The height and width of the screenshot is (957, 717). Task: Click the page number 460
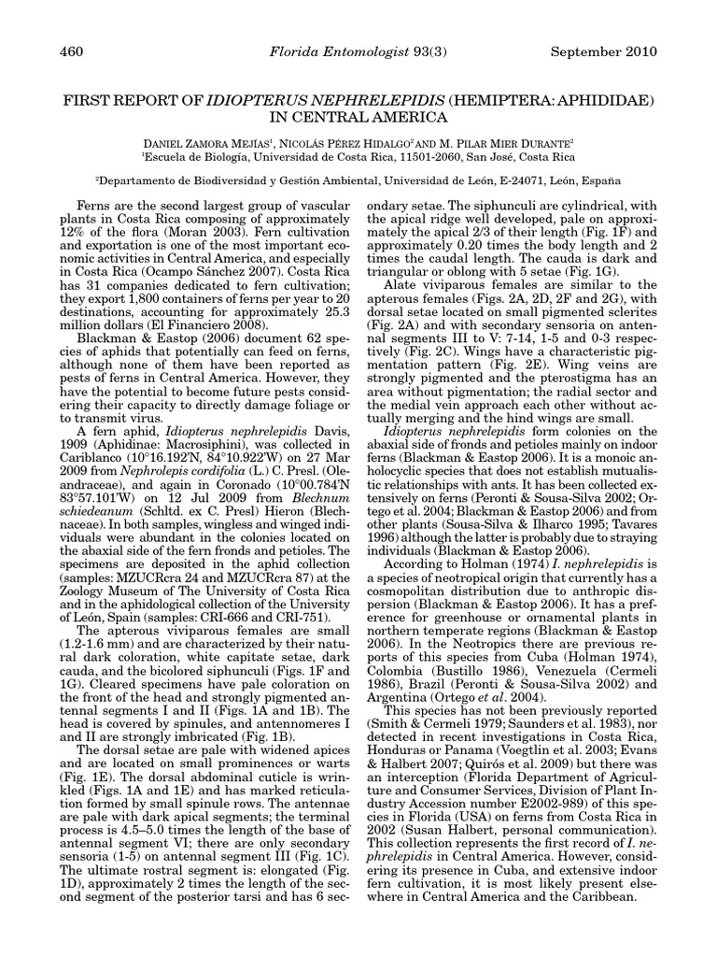tap(71, 50)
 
